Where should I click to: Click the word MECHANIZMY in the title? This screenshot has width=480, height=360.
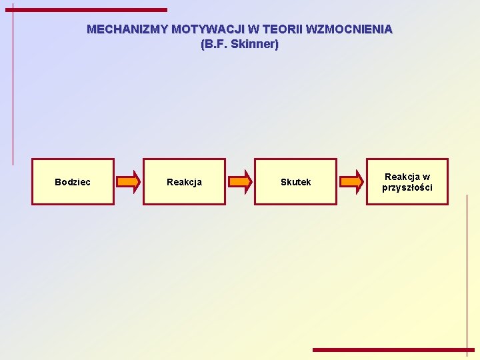127,29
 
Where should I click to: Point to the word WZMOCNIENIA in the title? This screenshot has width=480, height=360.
349,29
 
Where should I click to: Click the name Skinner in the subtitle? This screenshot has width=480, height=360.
254,45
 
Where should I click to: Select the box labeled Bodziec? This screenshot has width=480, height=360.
73,181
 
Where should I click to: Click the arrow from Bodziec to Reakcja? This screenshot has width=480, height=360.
129,181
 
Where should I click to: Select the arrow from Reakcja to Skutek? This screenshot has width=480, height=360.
240,181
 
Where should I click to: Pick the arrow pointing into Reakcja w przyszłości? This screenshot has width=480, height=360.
351,181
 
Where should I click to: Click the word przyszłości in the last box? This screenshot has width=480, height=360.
407,187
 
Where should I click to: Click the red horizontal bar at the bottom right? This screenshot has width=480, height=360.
393,349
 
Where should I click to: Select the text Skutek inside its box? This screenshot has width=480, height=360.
295,182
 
